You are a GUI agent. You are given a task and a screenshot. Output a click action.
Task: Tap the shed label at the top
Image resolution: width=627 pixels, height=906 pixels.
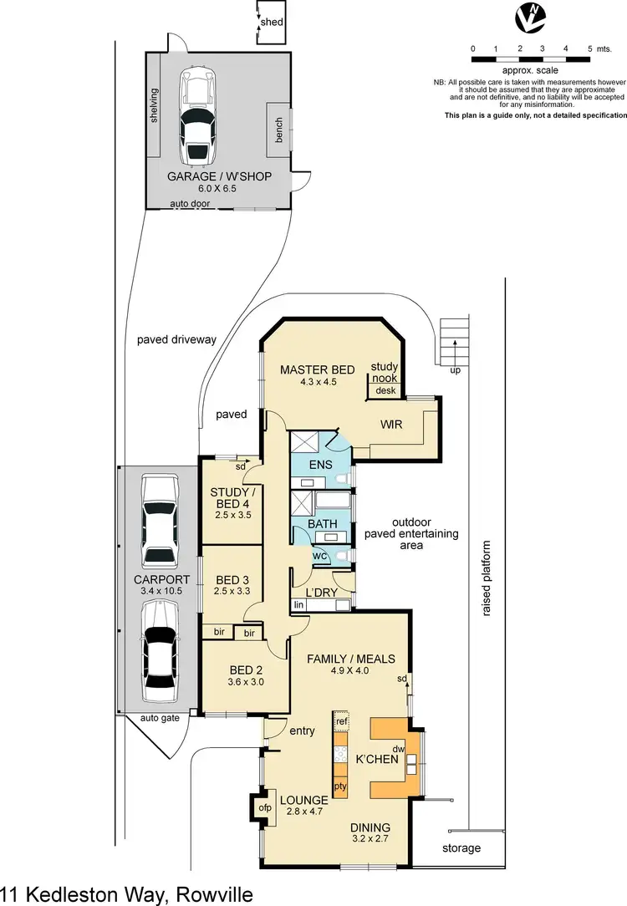tap(273, 22)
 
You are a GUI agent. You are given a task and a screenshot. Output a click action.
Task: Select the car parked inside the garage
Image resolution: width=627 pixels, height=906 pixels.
tap(198, 118)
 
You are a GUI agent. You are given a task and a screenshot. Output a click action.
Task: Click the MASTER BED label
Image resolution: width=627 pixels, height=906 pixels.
tap(317, 369)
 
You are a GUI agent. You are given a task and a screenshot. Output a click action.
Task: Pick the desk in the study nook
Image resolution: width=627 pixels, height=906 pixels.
tap(385, 390)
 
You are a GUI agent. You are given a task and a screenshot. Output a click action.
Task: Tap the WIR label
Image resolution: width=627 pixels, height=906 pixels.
tap(390, 425)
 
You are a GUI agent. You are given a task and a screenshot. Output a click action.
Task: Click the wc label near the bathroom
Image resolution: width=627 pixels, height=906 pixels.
tap(319, 555)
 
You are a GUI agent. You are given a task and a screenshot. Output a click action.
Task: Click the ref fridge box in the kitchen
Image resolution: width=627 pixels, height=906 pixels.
tap(341, 721)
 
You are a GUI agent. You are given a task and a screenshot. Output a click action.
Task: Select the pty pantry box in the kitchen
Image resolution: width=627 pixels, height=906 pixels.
tap(341, 786)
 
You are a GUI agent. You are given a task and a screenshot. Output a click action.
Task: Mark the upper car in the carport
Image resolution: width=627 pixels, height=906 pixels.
tap(159, 521)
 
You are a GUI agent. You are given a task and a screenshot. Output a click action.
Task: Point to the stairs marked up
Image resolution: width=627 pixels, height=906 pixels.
tap(453, 341)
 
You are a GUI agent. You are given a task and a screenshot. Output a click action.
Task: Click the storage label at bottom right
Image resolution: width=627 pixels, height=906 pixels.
tap(461, 848)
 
